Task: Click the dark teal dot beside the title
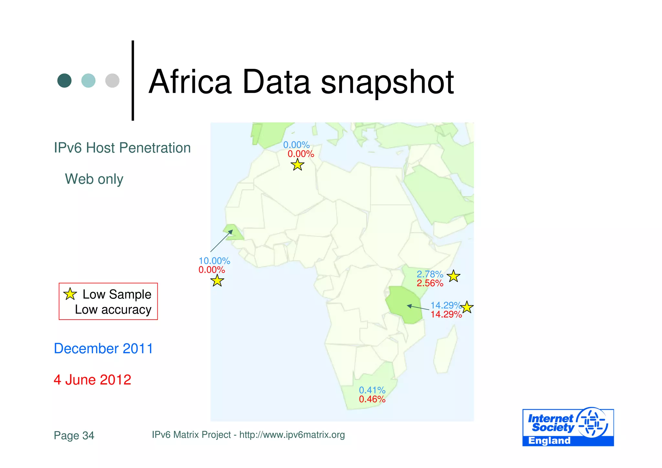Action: pos(64,81)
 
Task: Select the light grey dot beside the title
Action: pos(112,81)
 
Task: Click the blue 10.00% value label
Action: pos(214,261)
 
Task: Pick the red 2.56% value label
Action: pos(430,283)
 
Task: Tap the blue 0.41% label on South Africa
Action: pos(372,390)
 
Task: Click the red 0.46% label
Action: pos(372,399)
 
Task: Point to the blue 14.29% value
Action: pos(445,305)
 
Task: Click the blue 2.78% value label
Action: pos(430,274)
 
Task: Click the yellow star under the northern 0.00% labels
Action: pos(297,165)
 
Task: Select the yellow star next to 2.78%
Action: pos(454,276)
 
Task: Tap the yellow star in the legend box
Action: pos(70,294)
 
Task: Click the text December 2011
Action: pos(103,349)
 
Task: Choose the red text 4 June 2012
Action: pos(92,380)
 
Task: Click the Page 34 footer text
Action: pos(74,435)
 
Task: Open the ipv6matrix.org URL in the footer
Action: pos(292,435)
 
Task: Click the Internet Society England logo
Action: pos(568,427)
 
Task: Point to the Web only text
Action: pos(94,179)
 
